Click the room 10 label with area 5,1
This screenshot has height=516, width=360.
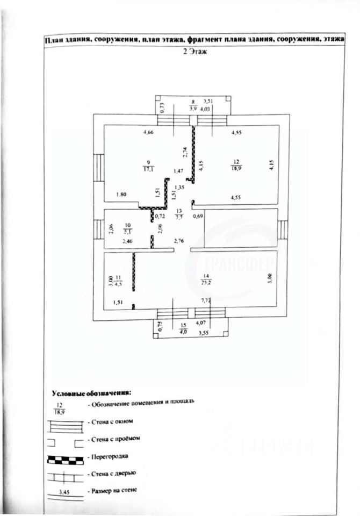pos(127,230)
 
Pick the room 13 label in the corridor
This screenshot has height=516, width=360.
pos(179,214)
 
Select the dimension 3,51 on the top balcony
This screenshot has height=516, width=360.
pos(207,100)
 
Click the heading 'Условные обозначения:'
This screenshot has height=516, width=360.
pos(91,392)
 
